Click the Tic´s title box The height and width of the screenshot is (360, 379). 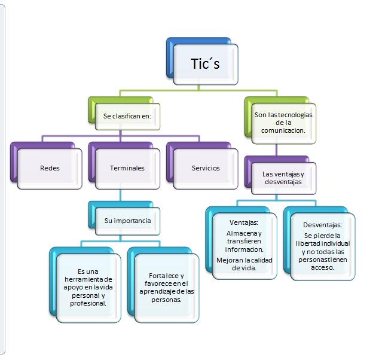click(x=205, y=63)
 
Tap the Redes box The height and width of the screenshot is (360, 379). click(x=50, y=168)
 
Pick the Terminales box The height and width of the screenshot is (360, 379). click(x=127, y=168)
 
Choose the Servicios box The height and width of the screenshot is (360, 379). click(x=206, y=168)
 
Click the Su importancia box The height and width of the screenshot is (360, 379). click(x=127, y=221)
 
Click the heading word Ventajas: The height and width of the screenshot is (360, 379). click(x=243, y=222)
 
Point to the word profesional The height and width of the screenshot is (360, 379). click(x=88, y=303)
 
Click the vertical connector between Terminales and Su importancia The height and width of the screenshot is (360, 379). click(x=120, y=195)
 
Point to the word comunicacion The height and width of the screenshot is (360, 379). click(x=283, y=129)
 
